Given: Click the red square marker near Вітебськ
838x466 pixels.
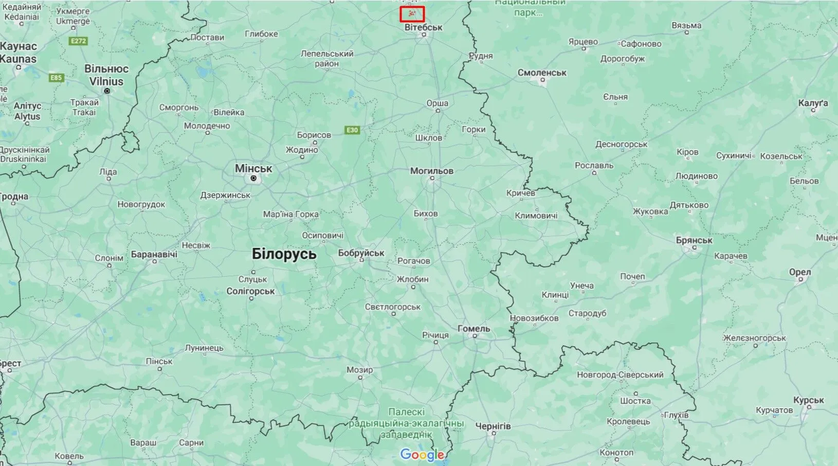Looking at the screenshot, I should point(412,14).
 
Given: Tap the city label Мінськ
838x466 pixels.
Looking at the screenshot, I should point(253,168).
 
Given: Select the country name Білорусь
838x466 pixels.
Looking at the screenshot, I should point(284,254).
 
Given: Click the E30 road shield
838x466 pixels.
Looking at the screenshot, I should point(352,130).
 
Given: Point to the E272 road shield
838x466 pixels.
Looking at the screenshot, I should point(79,41).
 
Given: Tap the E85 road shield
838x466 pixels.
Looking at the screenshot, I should point(56,78).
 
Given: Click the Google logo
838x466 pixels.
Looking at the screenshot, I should point(422,455).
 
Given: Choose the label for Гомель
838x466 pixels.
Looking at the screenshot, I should point(473,328).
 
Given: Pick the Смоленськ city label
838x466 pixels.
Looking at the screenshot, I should point(542,73).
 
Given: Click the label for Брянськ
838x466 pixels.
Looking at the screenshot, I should point(694,240).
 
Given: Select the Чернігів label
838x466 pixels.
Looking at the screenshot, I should point(493,426).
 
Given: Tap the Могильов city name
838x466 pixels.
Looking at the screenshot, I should point(432,171).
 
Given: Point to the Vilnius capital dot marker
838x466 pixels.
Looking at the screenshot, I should point(107,91).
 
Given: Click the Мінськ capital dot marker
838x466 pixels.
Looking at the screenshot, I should point(253,178).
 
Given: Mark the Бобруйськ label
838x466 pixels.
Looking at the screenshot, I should point(361,253).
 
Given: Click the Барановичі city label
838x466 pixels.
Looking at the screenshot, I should point(154,254).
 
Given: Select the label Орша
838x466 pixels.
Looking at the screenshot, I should point(438,103).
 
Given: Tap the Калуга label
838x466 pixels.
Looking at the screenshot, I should point(813,103).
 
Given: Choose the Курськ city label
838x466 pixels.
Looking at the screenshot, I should point(808,400).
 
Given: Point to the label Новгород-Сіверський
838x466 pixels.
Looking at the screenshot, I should point(620,375).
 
